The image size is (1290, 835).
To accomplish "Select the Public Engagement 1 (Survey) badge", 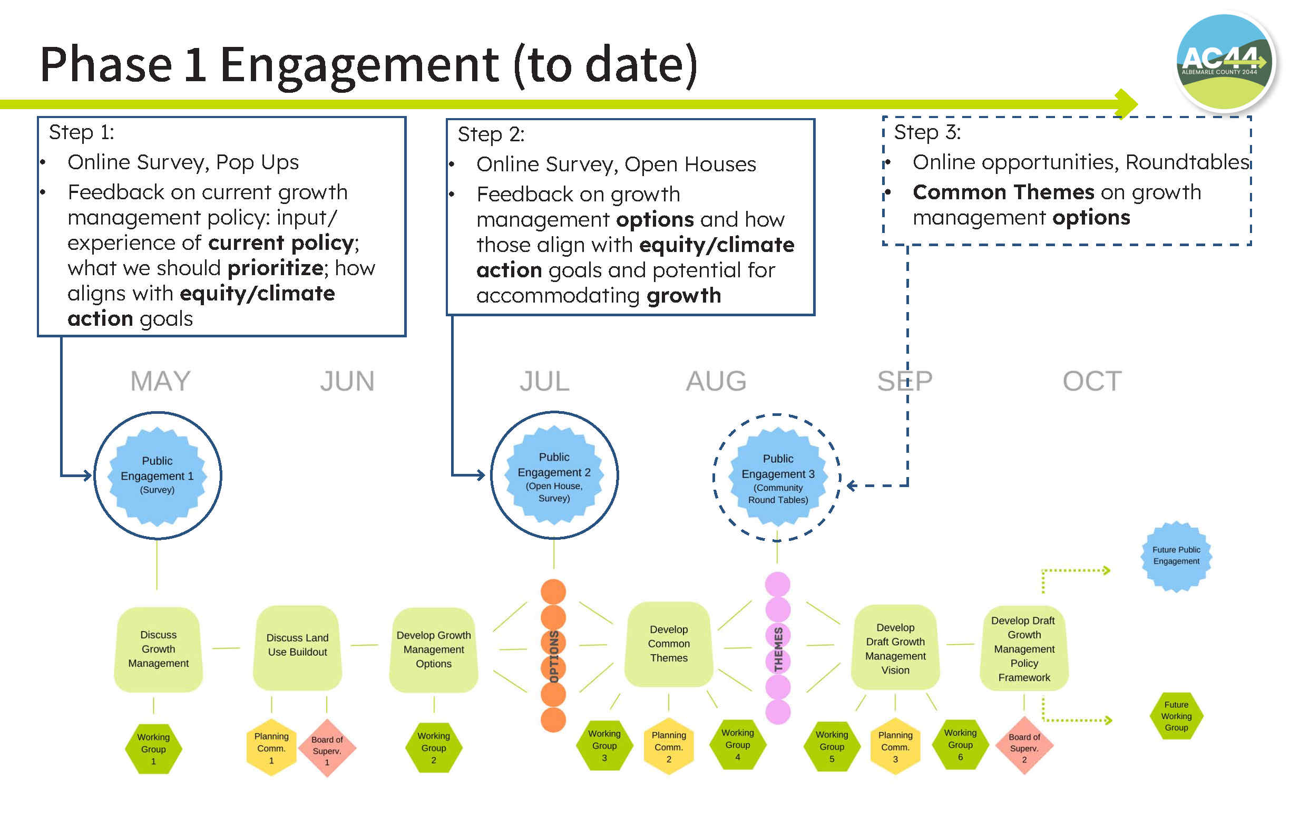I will [x=157, y=475].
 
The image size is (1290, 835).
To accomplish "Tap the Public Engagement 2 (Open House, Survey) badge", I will [x=554, y=475].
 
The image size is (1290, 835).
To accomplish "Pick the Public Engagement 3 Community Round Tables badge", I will [x=777, y=477].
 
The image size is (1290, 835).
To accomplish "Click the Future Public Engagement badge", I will [x=1176, y=556].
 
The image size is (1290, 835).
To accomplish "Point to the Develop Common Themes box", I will [x=668, y=644].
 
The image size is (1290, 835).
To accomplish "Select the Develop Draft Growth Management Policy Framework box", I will [x=1024, y=648].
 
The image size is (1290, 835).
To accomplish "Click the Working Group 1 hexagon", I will [x=153, y=749].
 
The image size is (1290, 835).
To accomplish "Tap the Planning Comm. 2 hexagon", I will [x=668, y=746].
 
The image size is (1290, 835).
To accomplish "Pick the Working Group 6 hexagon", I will [x=960, y=744].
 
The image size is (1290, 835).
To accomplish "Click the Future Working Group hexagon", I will [x=1176, y=716].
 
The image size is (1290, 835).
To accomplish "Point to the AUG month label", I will [x=716, y=381].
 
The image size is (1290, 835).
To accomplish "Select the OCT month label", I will [x=1092, y=381].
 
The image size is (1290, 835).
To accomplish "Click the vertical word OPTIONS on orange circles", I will [x=554, y=656].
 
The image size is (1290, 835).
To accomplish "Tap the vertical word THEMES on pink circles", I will [x=778, y=649].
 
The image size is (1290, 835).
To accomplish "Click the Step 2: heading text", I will [x=491, y=134].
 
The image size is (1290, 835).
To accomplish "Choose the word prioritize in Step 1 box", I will [x=276, y=268].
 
